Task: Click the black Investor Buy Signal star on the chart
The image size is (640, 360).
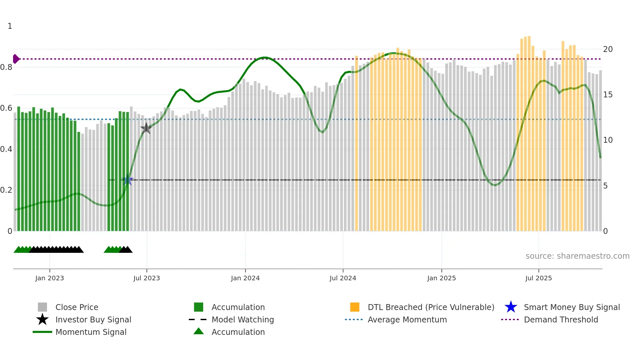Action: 146,128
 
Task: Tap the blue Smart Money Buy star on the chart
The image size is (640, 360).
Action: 128,180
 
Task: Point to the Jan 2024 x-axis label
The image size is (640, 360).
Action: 245,278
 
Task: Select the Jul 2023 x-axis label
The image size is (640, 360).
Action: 147,278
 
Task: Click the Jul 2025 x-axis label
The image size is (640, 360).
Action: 538,278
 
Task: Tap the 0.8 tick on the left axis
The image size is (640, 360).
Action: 6,67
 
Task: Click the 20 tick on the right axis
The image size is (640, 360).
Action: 608,49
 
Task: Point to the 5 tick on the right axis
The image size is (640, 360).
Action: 605,186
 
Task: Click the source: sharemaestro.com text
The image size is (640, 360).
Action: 577,256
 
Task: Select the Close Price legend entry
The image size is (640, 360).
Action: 77,307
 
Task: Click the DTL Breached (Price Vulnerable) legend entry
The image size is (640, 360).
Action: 431,307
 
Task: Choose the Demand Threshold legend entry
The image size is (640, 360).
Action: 561,319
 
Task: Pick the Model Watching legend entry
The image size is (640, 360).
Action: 243,319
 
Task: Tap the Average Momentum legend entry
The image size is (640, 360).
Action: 407,319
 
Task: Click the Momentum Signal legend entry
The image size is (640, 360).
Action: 91,332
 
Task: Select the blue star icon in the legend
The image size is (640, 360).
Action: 511,307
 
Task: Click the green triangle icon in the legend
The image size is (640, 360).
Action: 199,331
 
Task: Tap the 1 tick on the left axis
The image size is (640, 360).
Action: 10,26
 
